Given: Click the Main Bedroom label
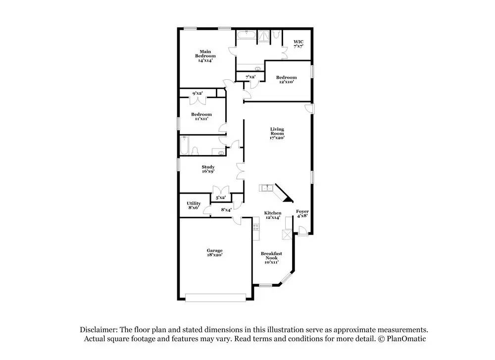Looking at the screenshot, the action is pos(205,56).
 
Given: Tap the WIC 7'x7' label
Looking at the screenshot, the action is pos(298,44).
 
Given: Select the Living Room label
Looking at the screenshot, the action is pos(277,133).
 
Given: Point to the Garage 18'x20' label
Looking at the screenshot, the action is pos(215,253).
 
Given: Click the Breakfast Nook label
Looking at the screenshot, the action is pos(271,257).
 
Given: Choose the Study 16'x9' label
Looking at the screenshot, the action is pos(208,169).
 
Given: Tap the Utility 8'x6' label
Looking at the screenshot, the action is pos(194,206).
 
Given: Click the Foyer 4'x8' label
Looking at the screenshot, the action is pos(302,213).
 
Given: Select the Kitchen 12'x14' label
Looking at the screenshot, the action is pos(272,215).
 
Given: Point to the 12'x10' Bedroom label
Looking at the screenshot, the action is pos(286,79).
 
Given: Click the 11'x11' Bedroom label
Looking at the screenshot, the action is pos(201,116).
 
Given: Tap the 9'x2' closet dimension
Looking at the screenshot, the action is pos(198,93).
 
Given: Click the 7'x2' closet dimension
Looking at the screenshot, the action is pos(250,77).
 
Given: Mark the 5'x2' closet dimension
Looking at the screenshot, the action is pos(221,198).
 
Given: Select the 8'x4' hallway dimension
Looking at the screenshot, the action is pos(226,209).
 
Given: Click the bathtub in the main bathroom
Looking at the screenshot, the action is pos(246,35).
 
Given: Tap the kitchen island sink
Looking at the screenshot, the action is pos(266,188).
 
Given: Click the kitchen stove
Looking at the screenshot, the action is pos(256,227).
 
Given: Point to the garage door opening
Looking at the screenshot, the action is pos(216,298).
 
